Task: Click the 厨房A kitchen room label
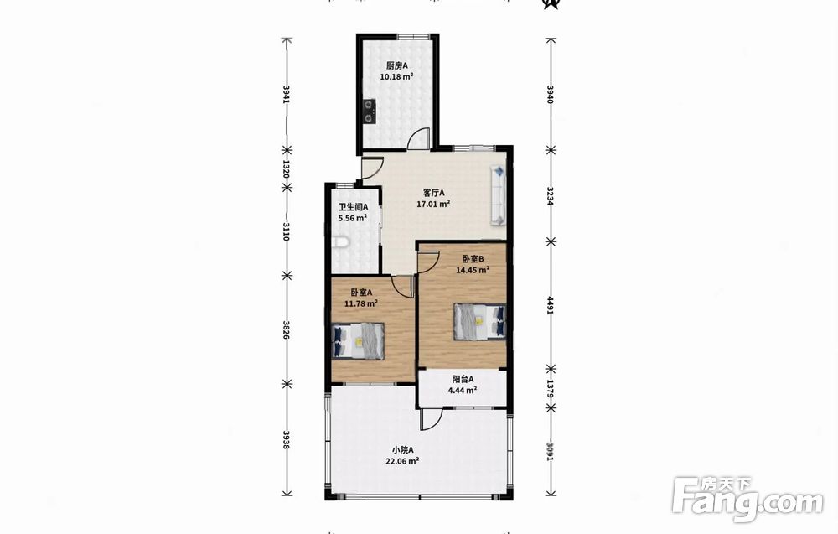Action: (x=397, y=65)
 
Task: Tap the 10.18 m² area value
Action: (x=396, y=76)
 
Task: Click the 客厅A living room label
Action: (x=433, y=193)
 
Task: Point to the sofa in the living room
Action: (x=498, y=194)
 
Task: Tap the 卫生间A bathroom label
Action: (x=353, y=207)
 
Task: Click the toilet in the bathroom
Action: (x=340, y=243)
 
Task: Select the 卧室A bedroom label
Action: (x=361, y=293)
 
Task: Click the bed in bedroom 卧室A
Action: (x=358, y=341)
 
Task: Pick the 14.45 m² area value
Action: (x=473, y=270)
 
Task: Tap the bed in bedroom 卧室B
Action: (x=480, y=322)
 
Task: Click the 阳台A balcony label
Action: (x=463, y=379)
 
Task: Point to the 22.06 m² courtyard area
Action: (x=401, y=461)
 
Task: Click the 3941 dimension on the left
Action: (x=287, y=94)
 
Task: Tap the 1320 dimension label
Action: (x=286, y=168)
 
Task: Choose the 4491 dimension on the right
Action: (x=550, y=305)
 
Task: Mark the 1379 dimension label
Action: (x=550, y=389)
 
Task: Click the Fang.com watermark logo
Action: (x=747, y=499)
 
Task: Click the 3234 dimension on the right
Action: (x=550, y=195)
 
